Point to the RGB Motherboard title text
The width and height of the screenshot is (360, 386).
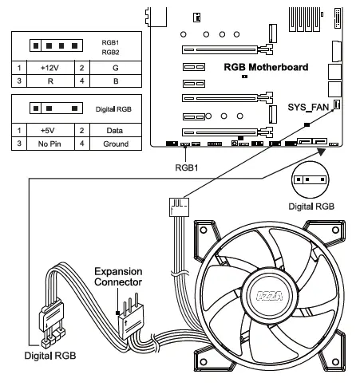point(266,67)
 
